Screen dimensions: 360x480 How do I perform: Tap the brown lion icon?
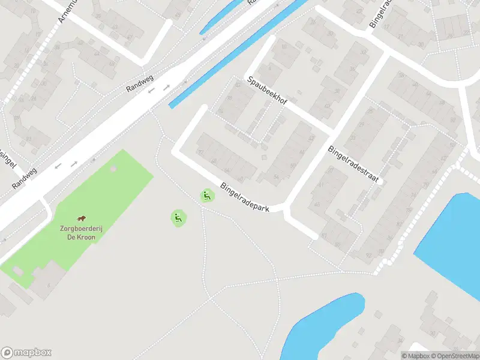[81, 219]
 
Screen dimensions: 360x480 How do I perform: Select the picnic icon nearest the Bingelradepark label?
[207, 196]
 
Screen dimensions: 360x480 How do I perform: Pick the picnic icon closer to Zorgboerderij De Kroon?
[178, 218]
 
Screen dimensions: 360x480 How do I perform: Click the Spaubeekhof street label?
[267, 91]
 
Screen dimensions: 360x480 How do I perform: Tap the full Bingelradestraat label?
[355, 165]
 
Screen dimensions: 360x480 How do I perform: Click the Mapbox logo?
[26, 353]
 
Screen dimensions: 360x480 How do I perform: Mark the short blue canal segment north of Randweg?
[222, 16]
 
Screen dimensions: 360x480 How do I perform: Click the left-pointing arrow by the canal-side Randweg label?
[152, 91]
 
